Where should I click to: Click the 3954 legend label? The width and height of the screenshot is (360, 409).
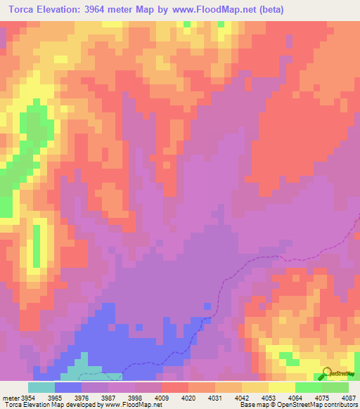[28, 397]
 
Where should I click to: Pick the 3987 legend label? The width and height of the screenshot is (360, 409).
[108, 397]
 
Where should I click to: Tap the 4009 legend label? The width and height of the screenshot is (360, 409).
[162, 397]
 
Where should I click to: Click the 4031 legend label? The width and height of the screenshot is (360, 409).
[215, 397]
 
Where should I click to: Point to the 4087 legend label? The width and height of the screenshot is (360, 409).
[348, 397]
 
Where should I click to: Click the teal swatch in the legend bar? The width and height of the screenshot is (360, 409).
[41, 387]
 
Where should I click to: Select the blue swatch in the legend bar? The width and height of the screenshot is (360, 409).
[68, 387]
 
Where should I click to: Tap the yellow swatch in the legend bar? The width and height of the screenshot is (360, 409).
[282, 387]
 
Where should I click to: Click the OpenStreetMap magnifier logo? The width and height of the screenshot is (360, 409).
[328, 373]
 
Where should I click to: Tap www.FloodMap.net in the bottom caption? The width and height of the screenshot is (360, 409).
[131, 405]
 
